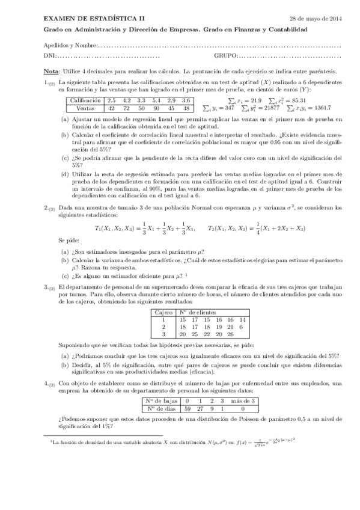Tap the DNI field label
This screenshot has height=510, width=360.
(x=49, y=57)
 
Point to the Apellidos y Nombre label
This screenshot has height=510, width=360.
(x=70, y=46)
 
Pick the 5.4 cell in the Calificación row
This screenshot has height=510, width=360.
(x=156, y=100)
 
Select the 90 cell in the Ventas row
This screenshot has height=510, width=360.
(x=156, y=108)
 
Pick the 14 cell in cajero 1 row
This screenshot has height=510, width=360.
(x=242, y=319)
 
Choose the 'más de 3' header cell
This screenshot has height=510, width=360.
(x=244, y=401)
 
